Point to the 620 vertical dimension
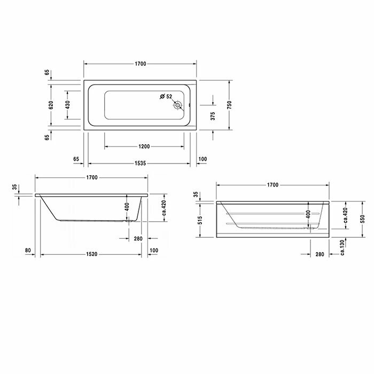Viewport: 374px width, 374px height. [51, 105]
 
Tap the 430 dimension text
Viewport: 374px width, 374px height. [67, 105]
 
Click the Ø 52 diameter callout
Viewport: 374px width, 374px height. [166, 97]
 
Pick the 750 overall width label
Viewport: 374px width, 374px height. [229, 105]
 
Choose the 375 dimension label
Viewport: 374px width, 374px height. [212, 117]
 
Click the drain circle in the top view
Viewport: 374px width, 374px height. [178, 105]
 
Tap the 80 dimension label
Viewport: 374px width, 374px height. [27, 250]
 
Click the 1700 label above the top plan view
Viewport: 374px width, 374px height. [141, 64]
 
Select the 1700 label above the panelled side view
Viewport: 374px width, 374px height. [272, 185]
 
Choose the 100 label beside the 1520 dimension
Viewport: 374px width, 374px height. [155, 250]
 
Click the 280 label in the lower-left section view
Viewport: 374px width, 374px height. [138, 238]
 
